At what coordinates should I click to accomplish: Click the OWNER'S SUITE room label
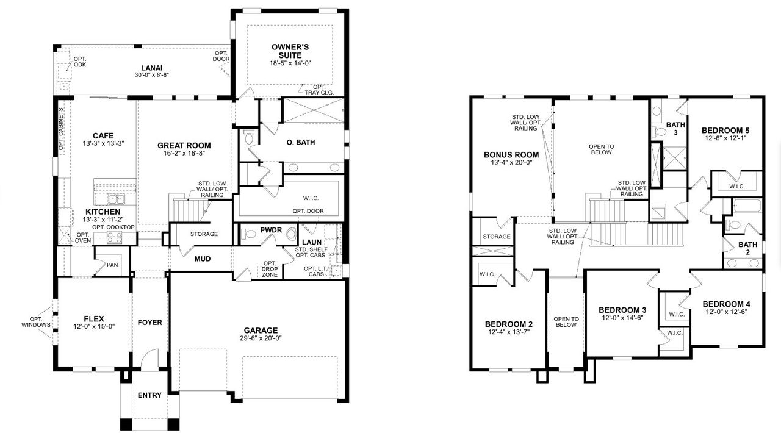tap(290, 51)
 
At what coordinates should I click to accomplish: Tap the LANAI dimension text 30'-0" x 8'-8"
tap(151, 75)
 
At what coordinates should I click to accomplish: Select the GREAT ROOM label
tap(184, 145)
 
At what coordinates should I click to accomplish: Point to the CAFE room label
tap(103, 135)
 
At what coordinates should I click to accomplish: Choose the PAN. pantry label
tap(113, 265)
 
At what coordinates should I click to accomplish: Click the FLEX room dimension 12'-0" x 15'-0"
tap(94, 326)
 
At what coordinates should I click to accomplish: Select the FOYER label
tap(149, 322)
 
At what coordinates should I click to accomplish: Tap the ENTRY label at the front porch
tap(149, 395)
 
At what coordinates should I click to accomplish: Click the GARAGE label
tap(261, 330)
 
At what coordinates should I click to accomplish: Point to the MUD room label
tap(203, 259)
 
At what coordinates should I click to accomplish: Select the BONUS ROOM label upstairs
tap(511, 155)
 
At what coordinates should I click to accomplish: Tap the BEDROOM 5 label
tap(725, 130)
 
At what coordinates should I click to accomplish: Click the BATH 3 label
tap(675, 128)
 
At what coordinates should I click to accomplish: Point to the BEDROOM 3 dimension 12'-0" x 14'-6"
tap(622, 318)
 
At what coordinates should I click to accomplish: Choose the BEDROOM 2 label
tap(509, 323)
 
